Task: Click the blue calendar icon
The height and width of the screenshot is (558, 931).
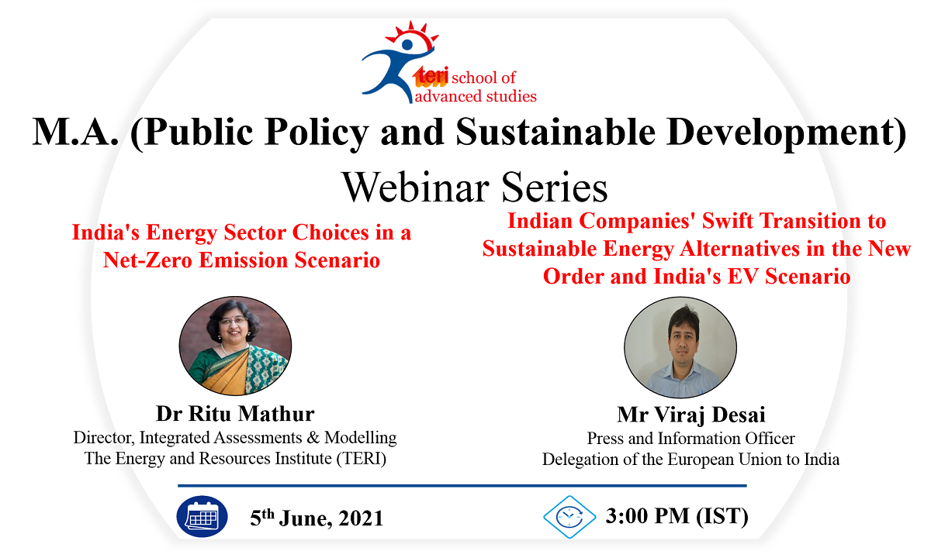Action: [202, 516]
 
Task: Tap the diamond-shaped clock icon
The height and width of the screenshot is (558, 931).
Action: [569, 517]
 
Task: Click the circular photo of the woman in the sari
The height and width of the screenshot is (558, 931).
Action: [235, 346]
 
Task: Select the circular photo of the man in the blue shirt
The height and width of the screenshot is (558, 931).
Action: [680, 347]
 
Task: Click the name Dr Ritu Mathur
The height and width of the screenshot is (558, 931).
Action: [235, 414]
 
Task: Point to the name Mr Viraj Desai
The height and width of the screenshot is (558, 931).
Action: [690, 415]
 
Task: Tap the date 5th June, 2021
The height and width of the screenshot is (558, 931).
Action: [317, 518]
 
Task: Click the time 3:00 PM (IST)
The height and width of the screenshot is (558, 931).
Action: [677, 516]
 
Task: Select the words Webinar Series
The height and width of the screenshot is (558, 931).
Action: [475, 188]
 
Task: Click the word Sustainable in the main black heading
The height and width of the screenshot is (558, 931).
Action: [555, 132]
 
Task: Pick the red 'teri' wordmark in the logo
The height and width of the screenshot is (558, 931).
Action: [431, 77]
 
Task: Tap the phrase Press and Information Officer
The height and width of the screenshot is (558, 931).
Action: [690, 439]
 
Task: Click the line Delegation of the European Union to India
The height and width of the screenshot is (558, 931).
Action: [690, 459]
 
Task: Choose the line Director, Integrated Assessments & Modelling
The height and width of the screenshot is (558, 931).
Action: [235, 438]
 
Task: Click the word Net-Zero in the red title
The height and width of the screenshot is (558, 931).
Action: [147, 260]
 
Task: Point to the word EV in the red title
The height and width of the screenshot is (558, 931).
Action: [742, 276]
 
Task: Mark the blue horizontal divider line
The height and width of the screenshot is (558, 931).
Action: [462, 485]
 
